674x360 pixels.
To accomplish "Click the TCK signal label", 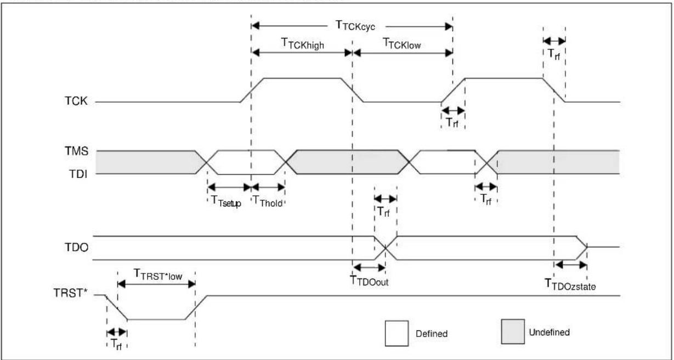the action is click(76, 101).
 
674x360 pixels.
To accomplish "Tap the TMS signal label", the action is click(77, 151).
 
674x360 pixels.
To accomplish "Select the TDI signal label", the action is click(78, 174).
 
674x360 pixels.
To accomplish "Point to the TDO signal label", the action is click(77, 248).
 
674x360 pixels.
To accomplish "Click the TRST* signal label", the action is click(70, 292).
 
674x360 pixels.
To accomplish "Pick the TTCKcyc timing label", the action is click(355, 26).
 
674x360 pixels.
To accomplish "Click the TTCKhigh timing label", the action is click(302, 44).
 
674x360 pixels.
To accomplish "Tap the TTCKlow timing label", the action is click(401, 44).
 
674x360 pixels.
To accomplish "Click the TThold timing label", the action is click(268, 201).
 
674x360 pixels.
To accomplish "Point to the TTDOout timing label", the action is click(369, 280).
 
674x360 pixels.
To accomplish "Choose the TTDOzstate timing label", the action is click(570, 284).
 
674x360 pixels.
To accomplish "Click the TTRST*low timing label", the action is click(157, 274).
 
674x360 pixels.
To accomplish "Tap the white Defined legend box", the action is click(397, 333).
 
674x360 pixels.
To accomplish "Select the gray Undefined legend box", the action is click(513, 331).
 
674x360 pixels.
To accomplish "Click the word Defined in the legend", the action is click(432, 334).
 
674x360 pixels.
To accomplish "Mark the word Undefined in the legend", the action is click(550, 333).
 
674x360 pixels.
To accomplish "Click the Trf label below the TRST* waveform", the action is click(116, 344).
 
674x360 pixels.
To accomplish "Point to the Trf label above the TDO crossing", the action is click(383, 212).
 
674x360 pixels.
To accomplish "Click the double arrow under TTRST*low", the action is click(156, 284).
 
